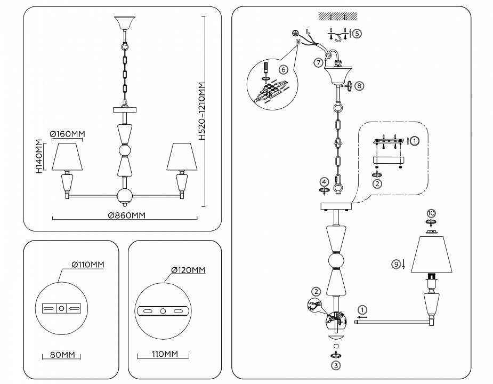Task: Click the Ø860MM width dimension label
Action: click(126, 215)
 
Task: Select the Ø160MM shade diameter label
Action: click(68, 133)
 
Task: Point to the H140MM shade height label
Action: click(39, 157)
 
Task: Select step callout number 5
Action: click(357, 33)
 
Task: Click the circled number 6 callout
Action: click(283, 69)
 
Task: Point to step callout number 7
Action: click(318, 62)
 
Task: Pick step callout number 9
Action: click(395, 263)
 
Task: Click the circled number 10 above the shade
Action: click(431, 213)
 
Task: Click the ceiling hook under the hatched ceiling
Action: click(337, 35)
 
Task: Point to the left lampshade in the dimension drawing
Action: click(68, 156)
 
